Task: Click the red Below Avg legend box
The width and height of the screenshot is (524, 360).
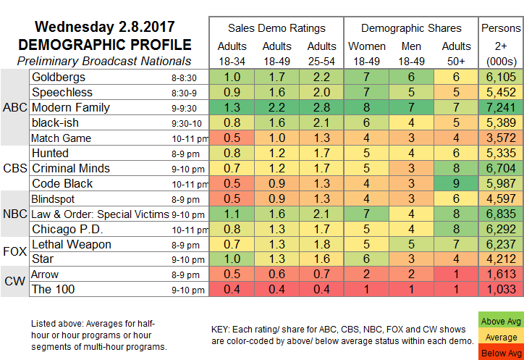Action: tap(502, 353)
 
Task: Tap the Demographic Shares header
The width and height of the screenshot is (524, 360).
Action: tap(412, 28)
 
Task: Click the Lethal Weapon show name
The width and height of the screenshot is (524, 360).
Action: tap(71, 244)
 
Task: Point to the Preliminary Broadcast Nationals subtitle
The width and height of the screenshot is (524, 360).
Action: tap(103, 61)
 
